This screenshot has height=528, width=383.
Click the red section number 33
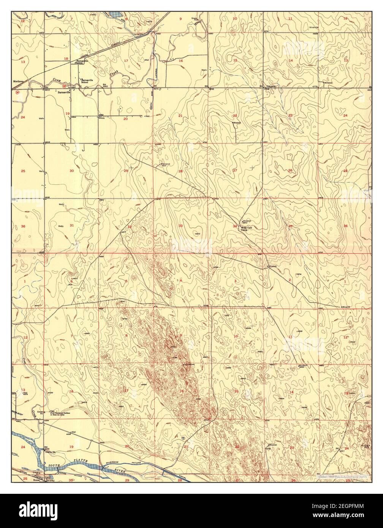[x=180, y=226]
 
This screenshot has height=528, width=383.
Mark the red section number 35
[x=290, y=226]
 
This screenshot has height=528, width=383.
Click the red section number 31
[x=72, y=225]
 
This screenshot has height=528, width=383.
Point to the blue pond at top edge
[x=116, y=14]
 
